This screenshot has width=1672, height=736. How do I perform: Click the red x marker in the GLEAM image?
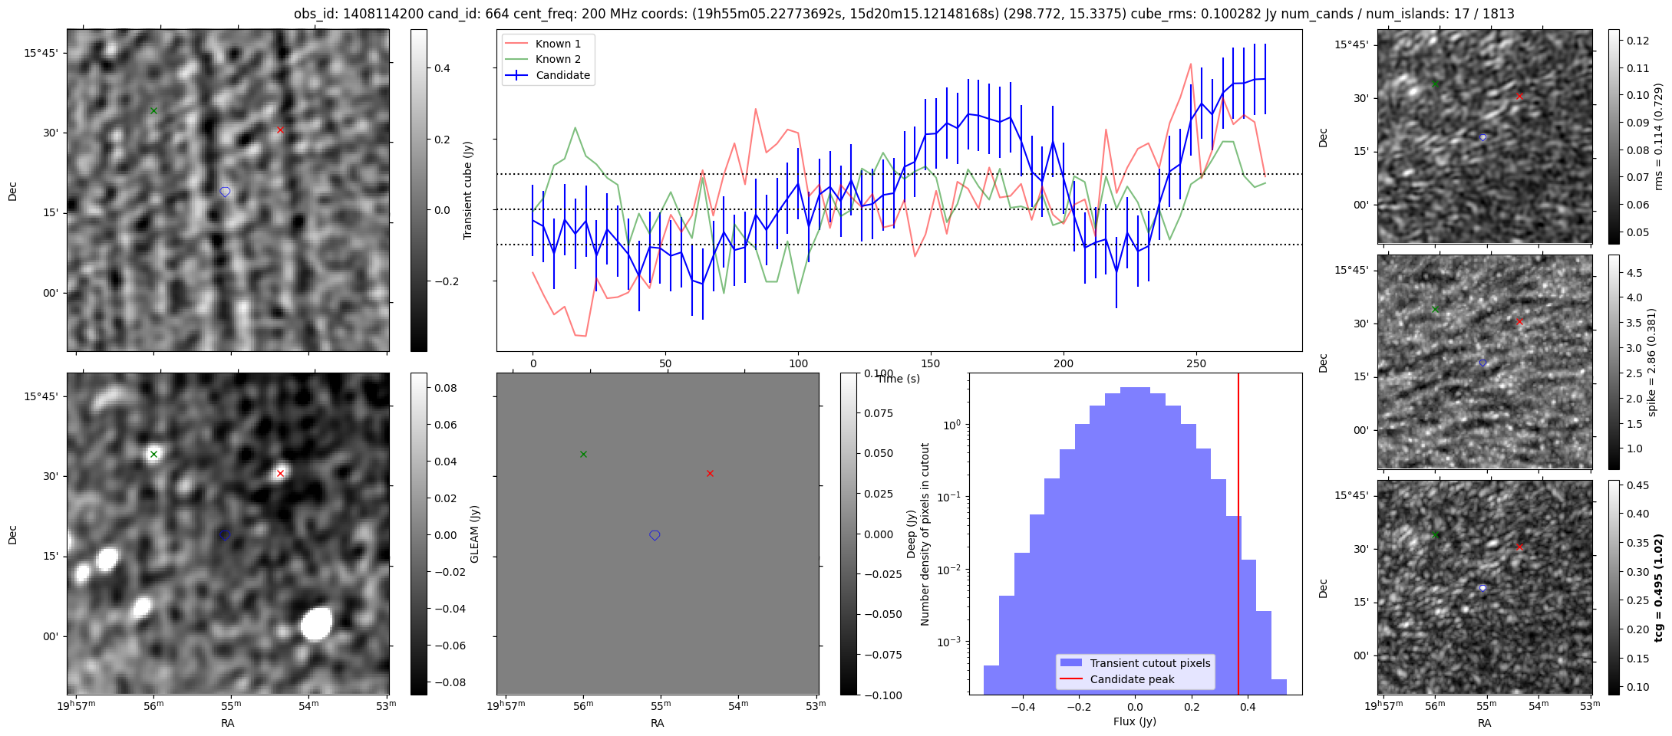pyautogui.click(x=280, y=473)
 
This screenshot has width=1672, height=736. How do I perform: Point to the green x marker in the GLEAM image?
pyautogui.click(x=153, y=454)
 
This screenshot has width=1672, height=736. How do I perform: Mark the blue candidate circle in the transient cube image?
pyautogui.click(x=225, y=192)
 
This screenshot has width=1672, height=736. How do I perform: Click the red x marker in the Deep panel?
pyautogui.click(x=710, y=473)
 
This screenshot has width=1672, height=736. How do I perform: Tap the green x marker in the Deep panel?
pyautogui.click(x=583, y=454)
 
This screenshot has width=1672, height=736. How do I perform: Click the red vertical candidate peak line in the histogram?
pyautogui.click(x=1238, y=537)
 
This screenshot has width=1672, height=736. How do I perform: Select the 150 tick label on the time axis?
pyautogui.click(x=931, y=363)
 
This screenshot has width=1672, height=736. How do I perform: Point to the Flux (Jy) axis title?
pyautogui.click(x=1134, y=721)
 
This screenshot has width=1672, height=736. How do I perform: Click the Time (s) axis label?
pyautogui.click(x=899, y=379)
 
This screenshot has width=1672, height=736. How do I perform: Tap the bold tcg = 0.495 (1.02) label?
pyautogui.click(x=1658, y=588)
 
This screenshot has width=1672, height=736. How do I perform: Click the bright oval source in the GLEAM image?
pyautogui.click(x=316, y=623)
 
